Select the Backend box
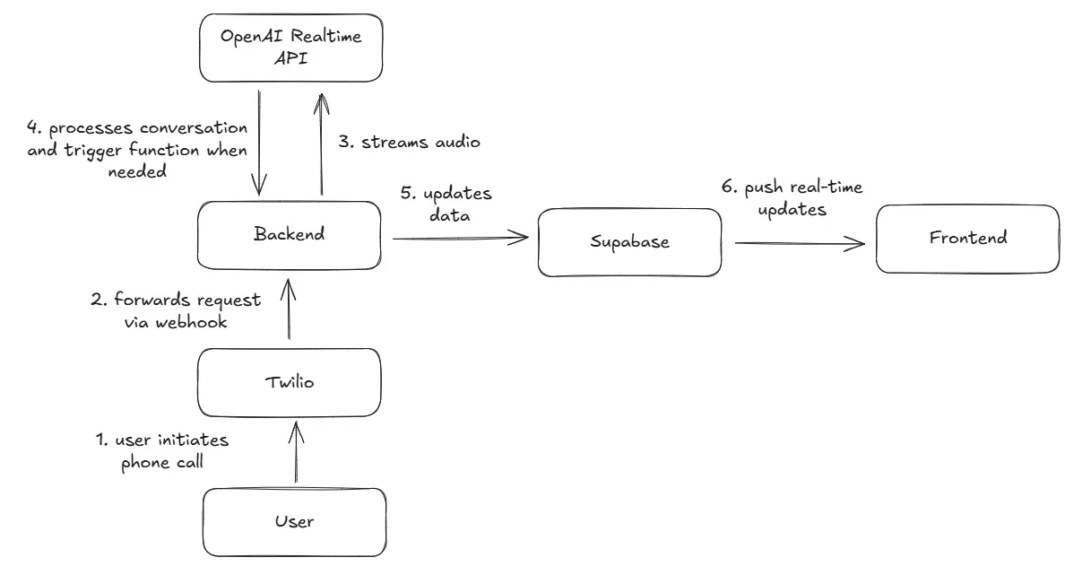290,235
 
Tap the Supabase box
629,242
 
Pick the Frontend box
966,238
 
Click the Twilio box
290,382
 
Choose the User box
293,521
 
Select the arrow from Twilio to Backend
288,309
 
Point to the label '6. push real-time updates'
792,197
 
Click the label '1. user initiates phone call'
162,451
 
